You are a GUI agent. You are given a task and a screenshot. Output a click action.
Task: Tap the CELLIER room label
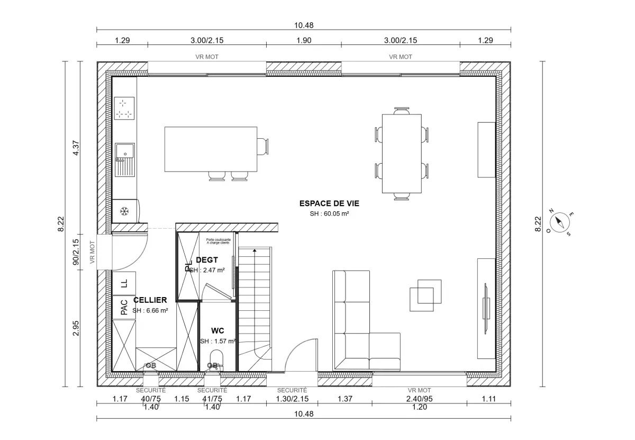pos(150,300)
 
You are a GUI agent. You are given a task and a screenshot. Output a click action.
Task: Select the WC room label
pos(217,330)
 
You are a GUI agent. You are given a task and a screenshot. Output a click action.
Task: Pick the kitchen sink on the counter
pos(125,159)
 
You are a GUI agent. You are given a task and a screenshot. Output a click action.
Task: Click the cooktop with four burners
pos(125,109)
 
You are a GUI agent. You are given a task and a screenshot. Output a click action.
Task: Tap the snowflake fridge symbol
pos(125,211)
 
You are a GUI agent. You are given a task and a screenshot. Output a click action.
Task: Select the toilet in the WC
pos(216,360)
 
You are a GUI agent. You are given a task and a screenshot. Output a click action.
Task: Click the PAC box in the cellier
pos(124,307)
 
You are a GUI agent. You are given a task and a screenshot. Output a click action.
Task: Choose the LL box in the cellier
pos(124,283)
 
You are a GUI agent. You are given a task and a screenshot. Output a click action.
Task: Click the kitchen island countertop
pos(211,149)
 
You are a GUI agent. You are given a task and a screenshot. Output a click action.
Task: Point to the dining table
pos(402,154)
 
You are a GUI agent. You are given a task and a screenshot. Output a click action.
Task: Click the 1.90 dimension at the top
pos(304,40)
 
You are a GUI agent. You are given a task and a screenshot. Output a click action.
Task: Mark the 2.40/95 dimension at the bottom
pos(419,399)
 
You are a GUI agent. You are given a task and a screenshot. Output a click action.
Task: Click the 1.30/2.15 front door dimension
pos(292,399)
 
